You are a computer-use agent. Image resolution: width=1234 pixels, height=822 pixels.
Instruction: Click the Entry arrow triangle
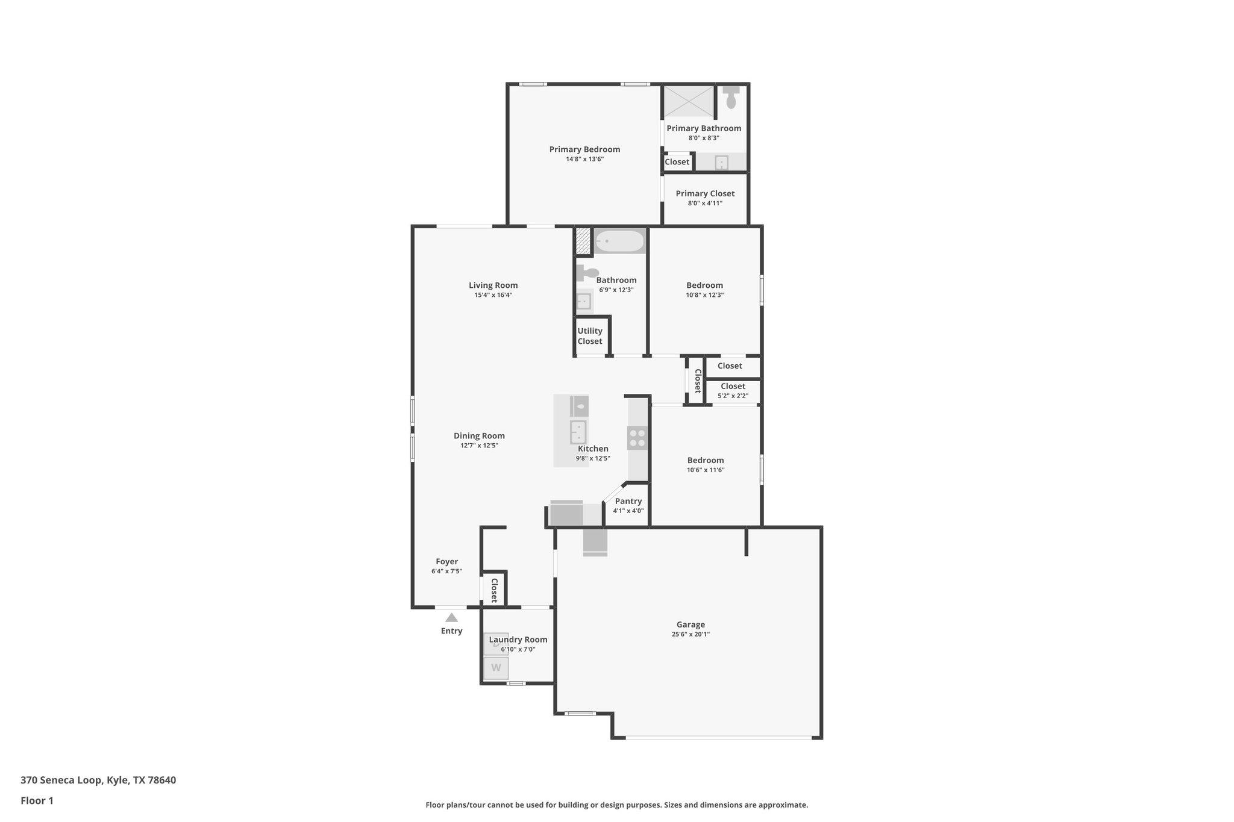451,617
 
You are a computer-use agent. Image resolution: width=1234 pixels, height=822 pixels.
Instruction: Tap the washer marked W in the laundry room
496,668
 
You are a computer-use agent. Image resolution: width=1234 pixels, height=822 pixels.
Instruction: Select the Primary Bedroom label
584,149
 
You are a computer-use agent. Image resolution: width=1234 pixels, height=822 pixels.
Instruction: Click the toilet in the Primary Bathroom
731,97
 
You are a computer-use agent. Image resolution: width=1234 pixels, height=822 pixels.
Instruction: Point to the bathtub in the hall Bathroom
619,241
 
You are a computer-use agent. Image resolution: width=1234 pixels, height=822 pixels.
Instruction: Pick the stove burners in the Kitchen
637,438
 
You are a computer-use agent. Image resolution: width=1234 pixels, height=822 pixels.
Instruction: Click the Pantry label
628,501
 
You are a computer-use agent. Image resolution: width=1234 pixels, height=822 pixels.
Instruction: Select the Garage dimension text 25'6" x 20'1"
691,634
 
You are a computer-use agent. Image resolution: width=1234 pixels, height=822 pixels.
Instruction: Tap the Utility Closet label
590,336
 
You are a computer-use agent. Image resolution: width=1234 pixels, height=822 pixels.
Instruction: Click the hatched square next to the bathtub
582,241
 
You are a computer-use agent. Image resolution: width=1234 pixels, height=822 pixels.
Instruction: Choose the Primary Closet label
705,193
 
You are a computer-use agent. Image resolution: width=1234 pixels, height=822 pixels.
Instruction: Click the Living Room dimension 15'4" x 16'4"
493,295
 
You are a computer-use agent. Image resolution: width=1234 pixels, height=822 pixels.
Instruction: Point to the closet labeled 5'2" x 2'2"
733,391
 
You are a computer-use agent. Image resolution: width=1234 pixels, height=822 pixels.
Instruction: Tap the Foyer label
447,561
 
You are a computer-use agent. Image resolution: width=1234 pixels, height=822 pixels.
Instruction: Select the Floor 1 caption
37,800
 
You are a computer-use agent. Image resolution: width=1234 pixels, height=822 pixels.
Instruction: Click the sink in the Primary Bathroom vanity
721,163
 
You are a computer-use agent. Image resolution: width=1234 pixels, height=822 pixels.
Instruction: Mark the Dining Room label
479,435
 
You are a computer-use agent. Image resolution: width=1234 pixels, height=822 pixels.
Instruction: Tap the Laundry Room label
518,640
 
